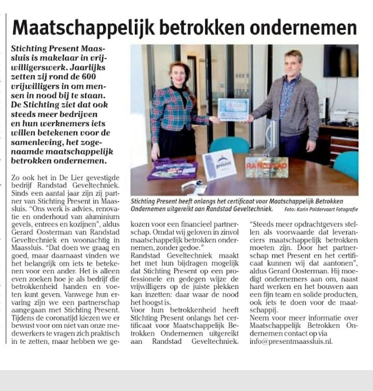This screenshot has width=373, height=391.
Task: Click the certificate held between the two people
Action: tap(233, 109)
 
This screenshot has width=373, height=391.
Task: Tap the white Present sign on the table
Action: tap(219, 165)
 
